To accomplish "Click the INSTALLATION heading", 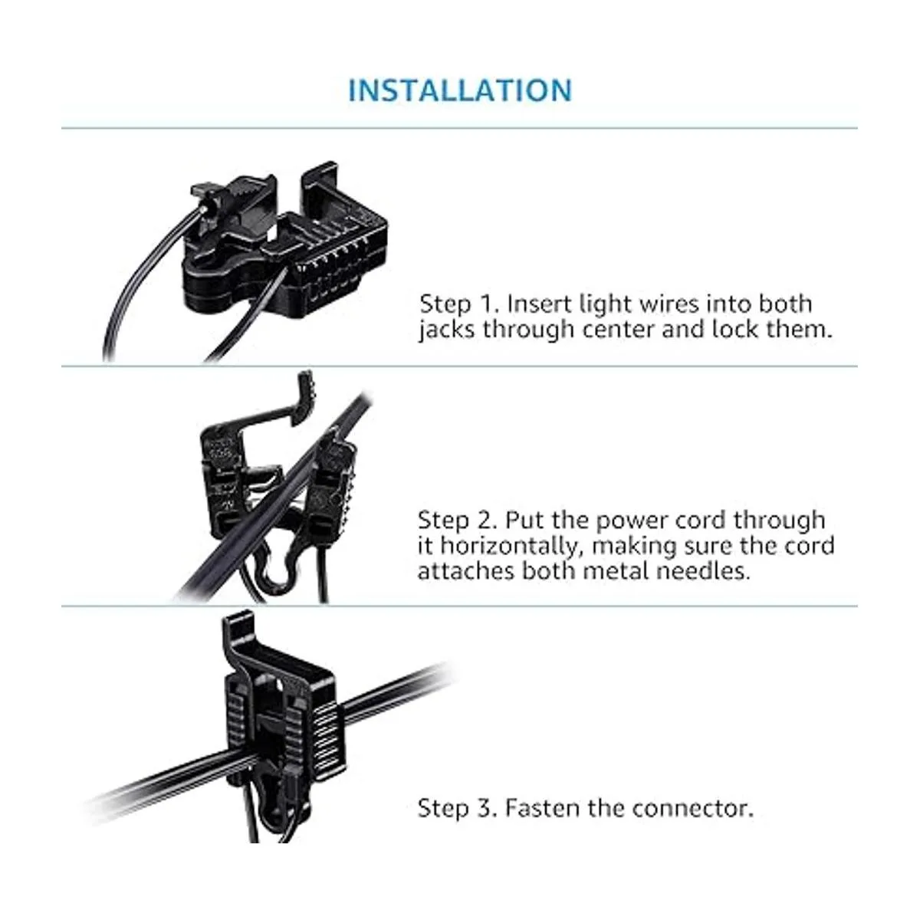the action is (460, 90).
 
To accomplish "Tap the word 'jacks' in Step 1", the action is (447, 330).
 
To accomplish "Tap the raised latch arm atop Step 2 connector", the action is (281, 406).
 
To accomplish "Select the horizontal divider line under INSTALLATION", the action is (459, 128).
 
